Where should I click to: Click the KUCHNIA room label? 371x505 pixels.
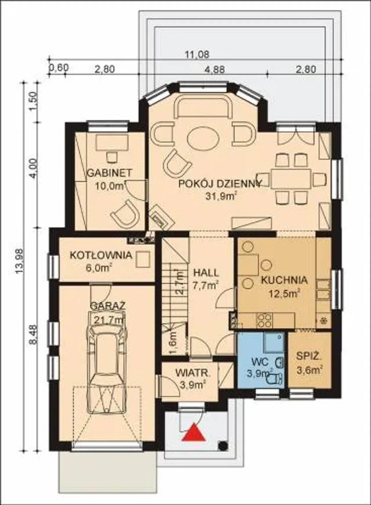pos(284,280)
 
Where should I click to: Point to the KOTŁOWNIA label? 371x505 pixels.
pos(101,255)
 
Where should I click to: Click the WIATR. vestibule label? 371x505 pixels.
pos(192,373)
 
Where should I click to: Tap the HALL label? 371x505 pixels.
pos(206,273)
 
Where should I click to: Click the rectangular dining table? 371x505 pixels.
pos(291,178)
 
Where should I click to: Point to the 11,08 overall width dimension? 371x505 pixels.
pos(197,54)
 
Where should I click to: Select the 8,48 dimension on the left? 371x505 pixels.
pos(34,335)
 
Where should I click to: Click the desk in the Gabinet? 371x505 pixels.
pos(112,143)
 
